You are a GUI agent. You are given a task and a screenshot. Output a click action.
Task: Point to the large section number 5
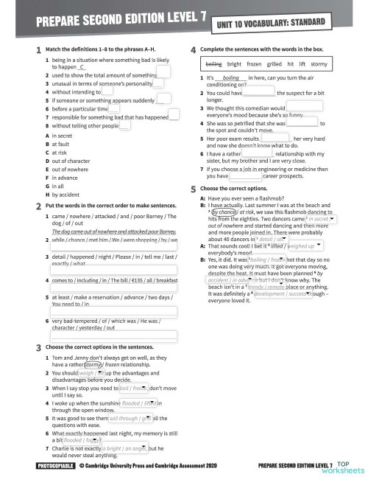[193, 189]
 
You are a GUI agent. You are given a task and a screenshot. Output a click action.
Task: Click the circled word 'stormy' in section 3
[93, 362]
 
